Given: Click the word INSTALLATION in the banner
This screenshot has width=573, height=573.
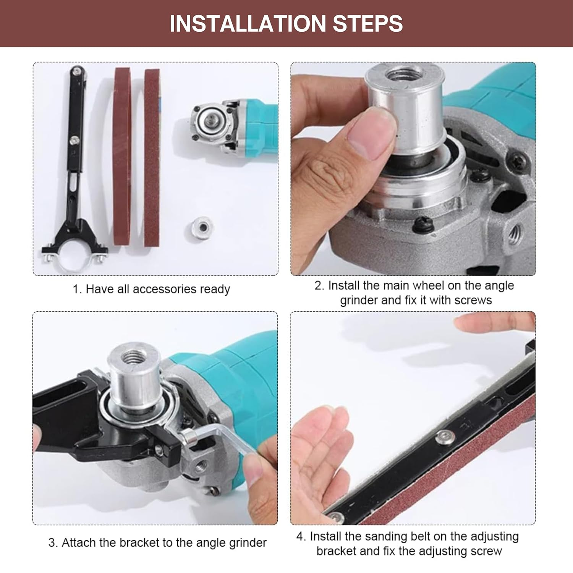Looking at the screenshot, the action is pyautogui.click(x=248, y=24).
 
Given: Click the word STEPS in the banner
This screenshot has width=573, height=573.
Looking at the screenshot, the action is pyautogui.click(x=368, y=24).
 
